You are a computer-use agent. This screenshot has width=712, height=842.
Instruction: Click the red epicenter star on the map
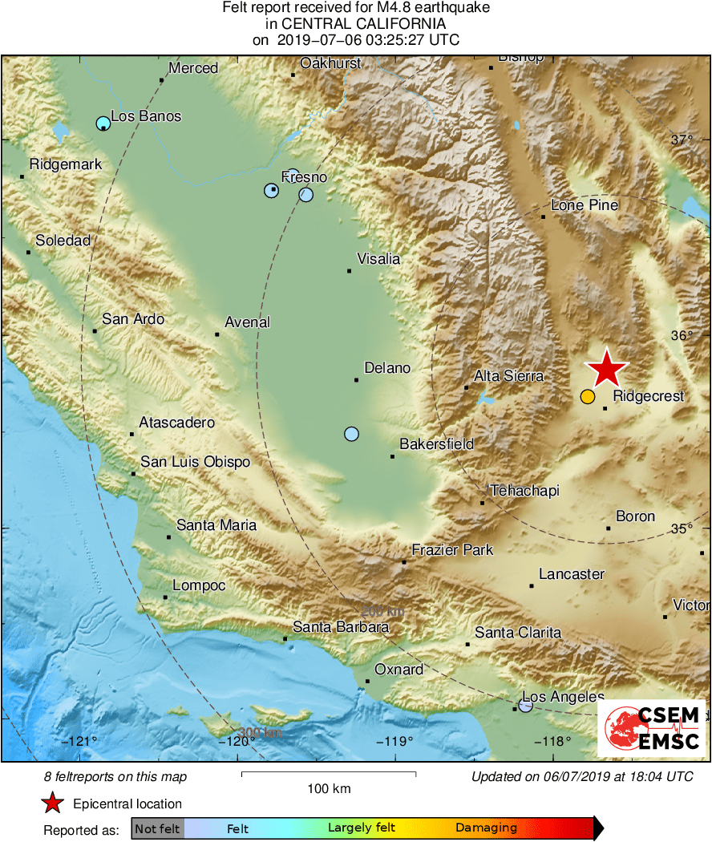click(x=606, y=369)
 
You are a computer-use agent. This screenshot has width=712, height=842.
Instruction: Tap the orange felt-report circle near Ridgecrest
click(x=588, y=397)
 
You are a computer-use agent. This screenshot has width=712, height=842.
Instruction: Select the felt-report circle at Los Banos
click(x=103, y=123)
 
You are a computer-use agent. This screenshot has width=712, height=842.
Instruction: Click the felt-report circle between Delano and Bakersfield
click(x=351, y=434)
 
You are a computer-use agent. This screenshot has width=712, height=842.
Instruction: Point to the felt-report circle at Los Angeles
click(x=525, y=706)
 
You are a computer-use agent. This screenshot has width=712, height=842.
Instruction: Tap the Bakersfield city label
click(x=437, y=444)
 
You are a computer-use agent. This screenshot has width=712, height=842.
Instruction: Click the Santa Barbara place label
click(x=341, y=627)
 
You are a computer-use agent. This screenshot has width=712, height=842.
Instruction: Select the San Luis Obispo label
click(x=196, y=462)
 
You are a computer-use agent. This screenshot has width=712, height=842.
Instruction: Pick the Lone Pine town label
click(x=585, y=205)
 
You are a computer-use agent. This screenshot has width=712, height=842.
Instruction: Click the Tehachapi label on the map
click(x=524, y=491)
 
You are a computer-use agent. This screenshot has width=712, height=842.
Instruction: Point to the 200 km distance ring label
click(x=382, y=611)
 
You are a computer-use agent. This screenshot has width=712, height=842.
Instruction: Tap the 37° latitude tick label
click(x=682, y=140)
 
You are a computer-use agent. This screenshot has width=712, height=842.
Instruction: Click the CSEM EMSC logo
click(x=652, y=729)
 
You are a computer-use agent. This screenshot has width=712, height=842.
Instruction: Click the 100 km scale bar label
click(x=329, y=789)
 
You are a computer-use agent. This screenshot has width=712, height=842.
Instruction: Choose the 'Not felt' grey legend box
click(x=157, y=828)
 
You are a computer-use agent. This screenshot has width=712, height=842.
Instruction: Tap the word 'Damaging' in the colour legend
click(x=486, y=828)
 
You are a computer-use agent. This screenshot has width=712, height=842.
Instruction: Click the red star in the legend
click(x=53, y=804)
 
